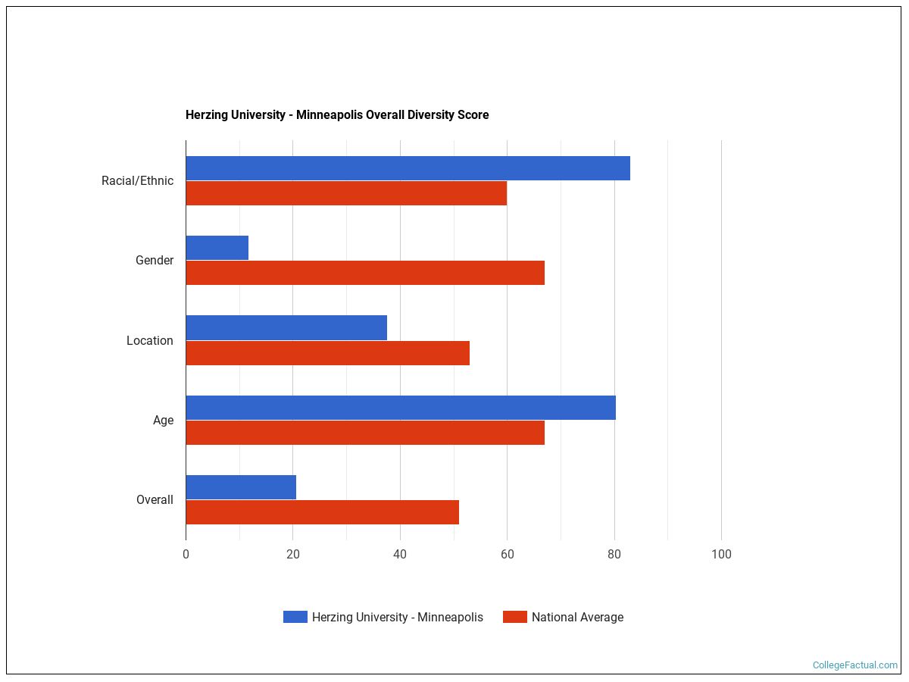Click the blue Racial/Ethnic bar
pyautogui.click(x=408, y=168)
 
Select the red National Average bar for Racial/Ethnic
pyautogui.click(x=346, y=193)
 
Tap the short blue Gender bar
pyautogui.click(x=217, y=248)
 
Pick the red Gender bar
pyautogui.click(x=365, y=273)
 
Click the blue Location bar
pyautogui.click(x=286, y=328)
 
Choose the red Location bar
pyautogui.click(x=327, y=353)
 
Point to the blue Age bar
pyautogui.click(x=401, y=408)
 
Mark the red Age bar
pyautogui.click(x=365, y=433)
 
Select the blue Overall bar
pyautogui.click(x=241, y=487)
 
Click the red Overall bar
pyautogui.click(x=322, y=512)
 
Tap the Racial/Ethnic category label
pyautogui.click(x=137, y=181)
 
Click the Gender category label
pyautogui.click(x=155, y=261)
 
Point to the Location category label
pyautogui.click(x=150, y=341)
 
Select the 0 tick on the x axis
pyautogui.click(x=186, y=555)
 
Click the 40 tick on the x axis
pyautogui.click(x=400, y=555)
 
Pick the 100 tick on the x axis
pyautogui.click(x=721, y=555)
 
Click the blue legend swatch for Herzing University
pyautogui.click(x=295, y=617)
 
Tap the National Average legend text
pyautogui.click(x=577, y=618)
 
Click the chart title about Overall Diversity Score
pyautogui.click(x=337, y=115)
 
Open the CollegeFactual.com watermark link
pyautogui.click(x=854, y=665)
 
